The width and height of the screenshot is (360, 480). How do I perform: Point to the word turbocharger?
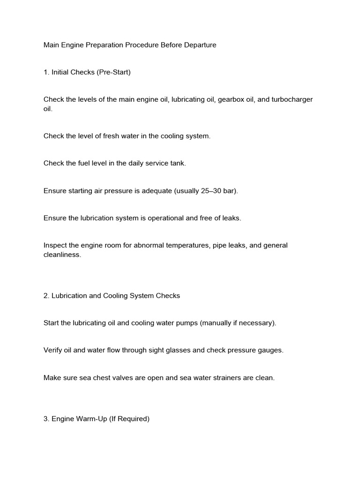click(x=292, y=100)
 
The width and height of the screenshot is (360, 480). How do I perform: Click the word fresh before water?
click(x=117, y=136)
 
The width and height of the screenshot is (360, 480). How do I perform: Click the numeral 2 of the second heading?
click(x=45, y=296)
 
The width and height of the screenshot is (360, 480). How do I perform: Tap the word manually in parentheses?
click(x=219, y=323)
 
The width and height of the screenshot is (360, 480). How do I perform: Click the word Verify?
click(x=53, y=350)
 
